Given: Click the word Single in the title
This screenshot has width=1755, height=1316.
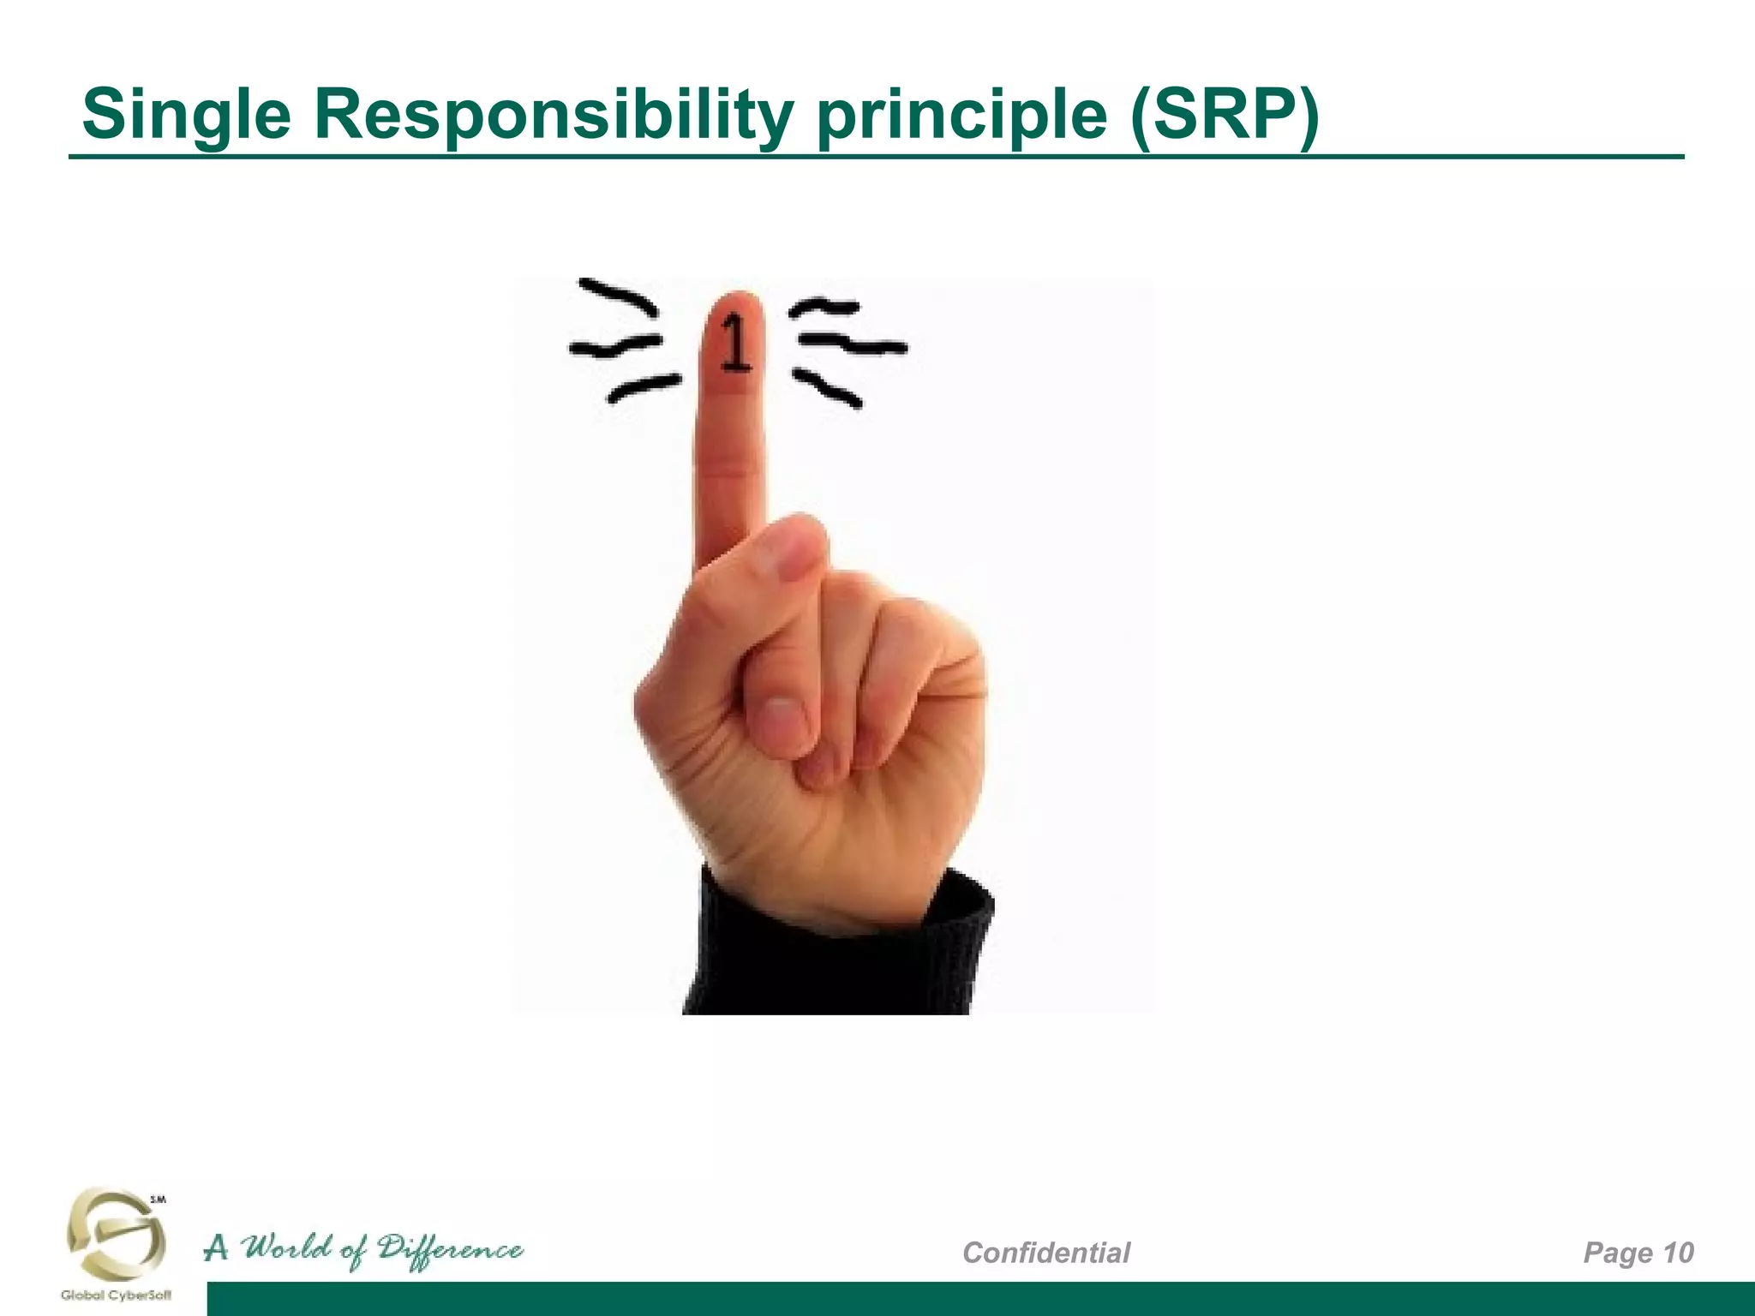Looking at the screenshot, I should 187,116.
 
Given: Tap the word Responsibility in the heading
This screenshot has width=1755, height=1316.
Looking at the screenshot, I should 554,116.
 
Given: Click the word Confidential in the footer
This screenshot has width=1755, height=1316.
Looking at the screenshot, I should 1046,1253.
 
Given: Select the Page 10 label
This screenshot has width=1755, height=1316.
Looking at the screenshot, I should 1638,1253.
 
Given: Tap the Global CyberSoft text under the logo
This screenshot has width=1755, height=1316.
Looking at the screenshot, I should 116,1295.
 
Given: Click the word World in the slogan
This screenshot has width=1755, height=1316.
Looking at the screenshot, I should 287,1249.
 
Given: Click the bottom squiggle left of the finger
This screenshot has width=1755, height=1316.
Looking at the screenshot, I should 644,386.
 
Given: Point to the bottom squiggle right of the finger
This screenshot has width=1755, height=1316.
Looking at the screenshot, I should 827,387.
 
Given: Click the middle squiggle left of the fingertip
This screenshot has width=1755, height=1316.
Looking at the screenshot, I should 615,345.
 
